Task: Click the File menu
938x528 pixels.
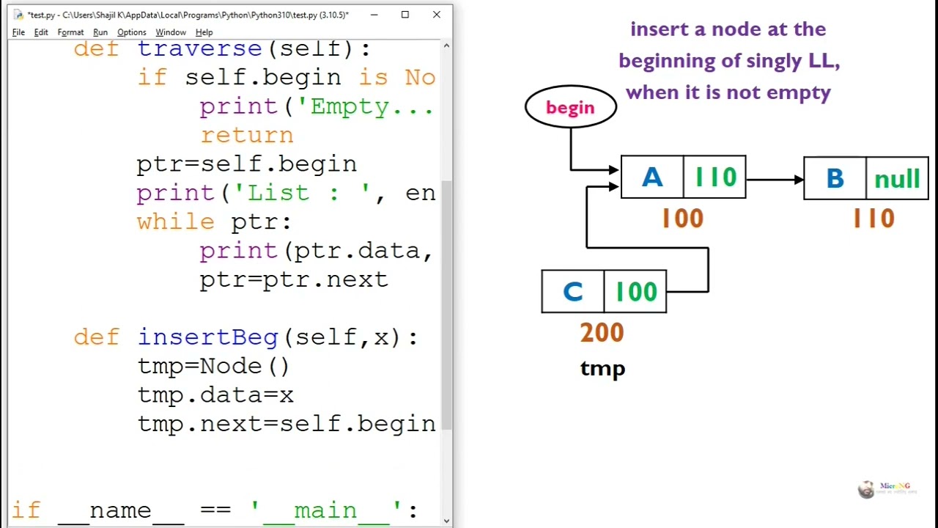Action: pyautogui.click(x=18, y=32)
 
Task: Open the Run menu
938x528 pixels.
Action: pyautogui.click(x=100, y=32)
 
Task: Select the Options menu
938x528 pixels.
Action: pyautogui.click(x=132, y=32)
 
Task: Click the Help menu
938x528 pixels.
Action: pyautogui.click(x=204, y=32)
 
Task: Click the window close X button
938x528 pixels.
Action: pyautogui.click(x=437, y=15)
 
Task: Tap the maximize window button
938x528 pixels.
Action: pyautogui.click(x=405, y=15)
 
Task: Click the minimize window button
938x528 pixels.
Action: pyautogui.click(x=374, y=15)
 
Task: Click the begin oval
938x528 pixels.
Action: pyautogui.click(x=570, y=107)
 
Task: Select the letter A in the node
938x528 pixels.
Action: pyautogui.click(x=651, y=177)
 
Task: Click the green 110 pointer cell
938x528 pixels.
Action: pyautogui.click(x=714, y=177)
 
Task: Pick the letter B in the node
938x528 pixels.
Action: pyautogui.click(x=835, y=178)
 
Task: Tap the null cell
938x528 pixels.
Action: pyautogui.click(x=897, y=178)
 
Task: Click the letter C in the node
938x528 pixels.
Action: pyautogui.click(x=572, y=292)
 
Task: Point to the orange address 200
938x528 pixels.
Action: pyautogui.click(x=602, y=333)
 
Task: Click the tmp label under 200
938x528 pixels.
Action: pyautogui.click(x=602, y=368)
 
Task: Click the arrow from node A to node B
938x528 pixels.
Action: pyautogui.click(x=775, y=178)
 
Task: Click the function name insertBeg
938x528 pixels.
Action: pyautogui.click(x=208, y=337)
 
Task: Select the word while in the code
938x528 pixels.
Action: pyautogui.click(x=175, y=221)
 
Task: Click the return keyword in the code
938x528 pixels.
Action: pyautogui.click(x=246, y=135)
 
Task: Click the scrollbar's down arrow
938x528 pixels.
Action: pyautogui.click(x=446, y=521)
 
